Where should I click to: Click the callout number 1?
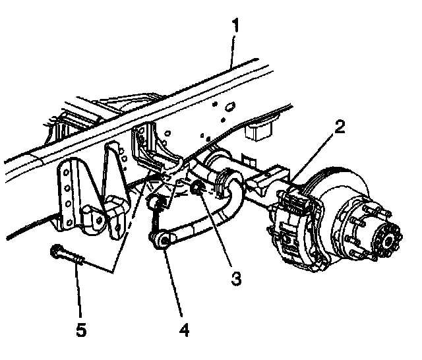point(235,26)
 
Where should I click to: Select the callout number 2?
point(340,127)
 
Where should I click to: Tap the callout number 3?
point(236,278)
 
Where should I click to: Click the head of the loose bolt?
point(56,251)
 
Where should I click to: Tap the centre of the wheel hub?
point(388,240)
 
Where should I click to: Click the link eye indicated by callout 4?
point(165,240)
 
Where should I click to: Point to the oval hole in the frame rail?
point(229,107)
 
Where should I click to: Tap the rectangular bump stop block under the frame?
point(258,132)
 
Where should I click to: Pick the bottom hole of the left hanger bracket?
point(69,222)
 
